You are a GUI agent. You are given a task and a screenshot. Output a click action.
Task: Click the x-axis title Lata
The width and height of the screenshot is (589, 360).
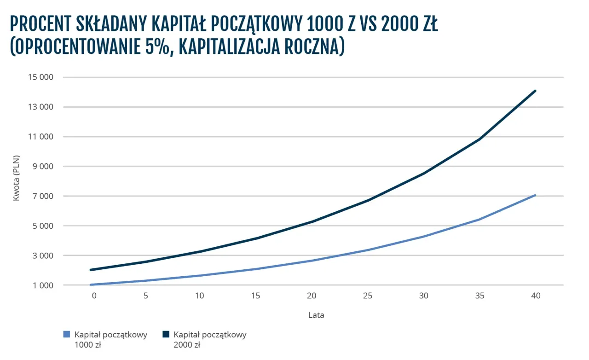click(x=316, y=315)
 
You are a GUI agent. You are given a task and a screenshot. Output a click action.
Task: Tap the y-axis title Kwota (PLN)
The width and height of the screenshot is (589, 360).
click(x=16, y=181)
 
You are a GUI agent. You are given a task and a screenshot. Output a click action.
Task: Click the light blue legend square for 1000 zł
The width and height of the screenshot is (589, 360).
click(x=66, y=335)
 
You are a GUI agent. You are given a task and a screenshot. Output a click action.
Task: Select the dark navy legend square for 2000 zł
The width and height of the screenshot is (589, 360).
click(x=166, y=335)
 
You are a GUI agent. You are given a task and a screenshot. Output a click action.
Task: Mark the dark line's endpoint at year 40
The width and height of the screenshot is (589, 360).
click(x=536, y=91)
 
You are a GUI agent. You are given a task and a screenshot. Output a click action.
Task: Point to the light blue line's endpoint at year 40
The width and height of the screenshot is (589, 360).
click(x=536, y=195)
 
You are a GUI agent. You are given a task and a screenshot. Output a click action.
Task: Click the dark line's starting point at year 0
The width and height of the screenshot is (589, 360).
click(x=91, y=270)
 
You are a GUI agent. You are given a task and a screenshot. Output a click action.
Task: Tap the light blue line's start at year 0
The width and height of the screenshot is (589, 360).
click(x=91, y=285)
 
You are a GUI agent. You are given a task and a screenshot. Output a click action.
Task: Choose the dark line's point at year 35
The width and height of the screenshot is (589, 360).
click(x=480, y=139)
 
